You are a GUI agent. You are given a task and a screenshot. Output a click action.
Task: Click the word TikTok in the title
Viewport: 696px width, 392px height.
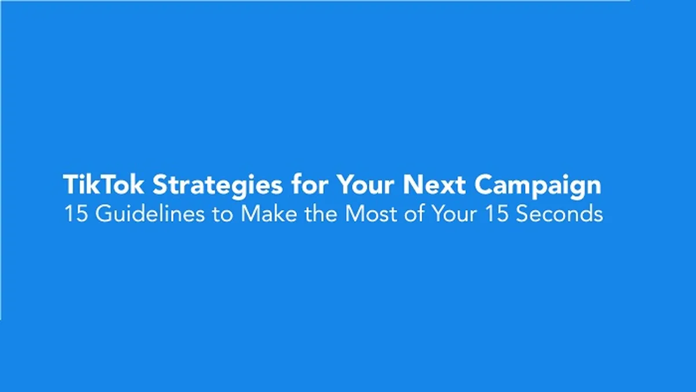coord(103,185)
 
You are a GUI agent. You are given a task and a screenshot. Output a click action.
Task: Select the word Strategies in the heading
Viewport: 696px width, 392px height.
coord(217,186)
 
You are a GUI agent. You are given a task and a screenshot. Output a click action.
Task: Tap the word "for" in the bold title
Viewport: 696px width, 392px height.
coord(310,184)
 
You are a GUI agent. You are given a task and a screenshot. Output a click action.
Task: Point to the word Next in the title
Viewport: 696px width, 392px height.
coord(434,185)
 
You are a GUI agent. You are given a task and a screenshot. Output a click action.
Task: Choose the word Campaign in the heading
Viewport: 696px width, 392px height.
coord(538,186)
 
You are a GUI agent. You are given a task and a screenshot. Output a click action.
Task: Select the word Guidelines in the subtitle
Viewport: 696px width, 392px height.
coord(150,214)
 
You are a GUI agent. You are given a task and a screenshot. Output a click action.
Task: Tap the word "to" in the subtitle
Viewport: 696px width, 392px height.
coord(223,215)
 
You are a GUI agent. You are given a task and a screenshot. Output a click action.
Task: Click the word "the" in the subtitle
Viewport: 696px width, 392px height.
coord(320,214)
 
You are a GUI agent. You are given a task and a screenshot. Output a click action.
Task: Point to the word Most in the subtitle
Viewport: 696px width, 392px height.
coord(371,214)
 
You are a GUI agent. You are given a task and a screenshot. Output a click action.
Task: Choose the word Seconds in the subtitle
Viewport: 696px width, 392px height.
coord(559,214)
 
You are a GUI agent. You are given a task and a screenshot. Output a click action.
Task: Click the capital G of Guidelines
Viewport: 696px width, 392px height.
coord(104,214)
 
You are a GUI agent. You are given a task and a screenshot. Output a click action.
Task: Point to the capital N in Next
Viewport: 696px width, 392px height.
coord(412,185)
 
